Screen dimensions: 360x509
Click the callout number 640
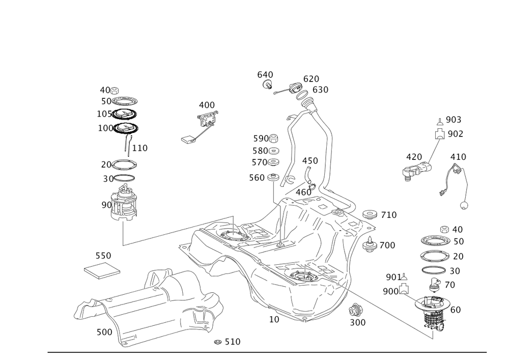coord(265,75)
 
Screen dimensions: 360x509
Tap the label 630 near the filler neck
coord(320,89)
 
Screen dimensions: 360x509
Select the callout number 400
coord(206,105)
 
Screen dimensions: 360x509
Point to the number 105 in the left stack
coord(105,114)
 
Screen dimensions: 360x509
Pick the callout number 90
coord(105,205)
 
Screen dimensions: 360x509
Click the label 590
coord(261,139)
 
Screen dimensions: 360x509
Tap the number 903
coord(453,119)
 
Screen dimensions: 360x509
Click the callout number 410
coord(459,156)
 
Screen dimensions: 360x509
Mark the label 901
coord(392,276)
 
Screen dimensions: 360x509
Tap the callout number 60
coord(456,310)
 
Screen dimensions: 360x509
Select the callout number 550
coord(103,255)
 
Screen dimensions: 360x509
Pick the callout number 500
coord(104,332)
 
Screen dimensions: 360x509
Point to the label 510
coord(232,341)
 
